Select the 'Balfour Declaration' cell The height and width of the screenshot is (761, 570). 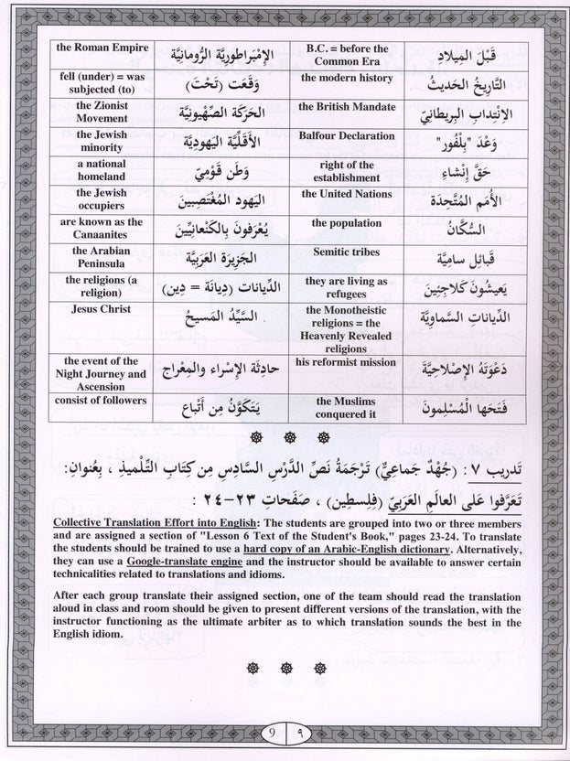(x=346, y=135)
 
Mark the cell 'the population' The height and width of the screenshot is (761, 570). (x=346, y=222)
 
